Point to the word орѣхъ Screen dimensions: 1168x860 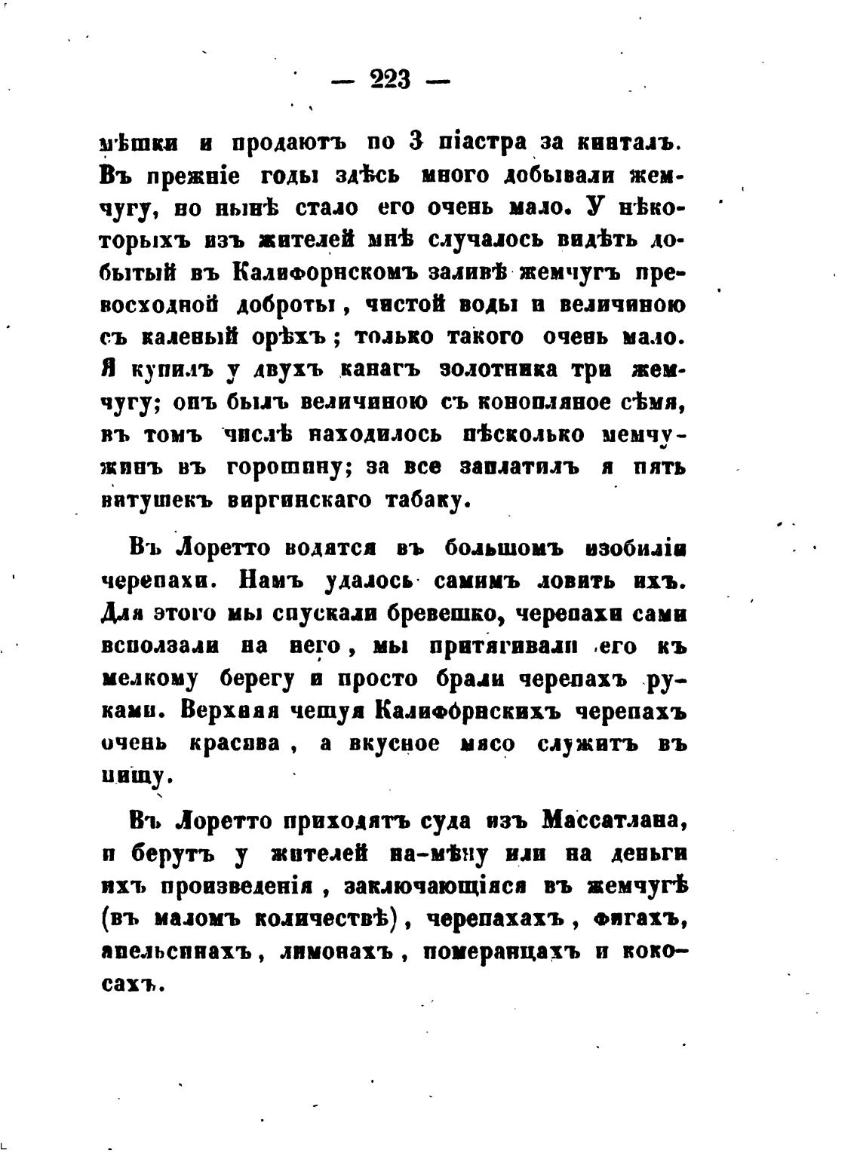pos(289,337)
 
